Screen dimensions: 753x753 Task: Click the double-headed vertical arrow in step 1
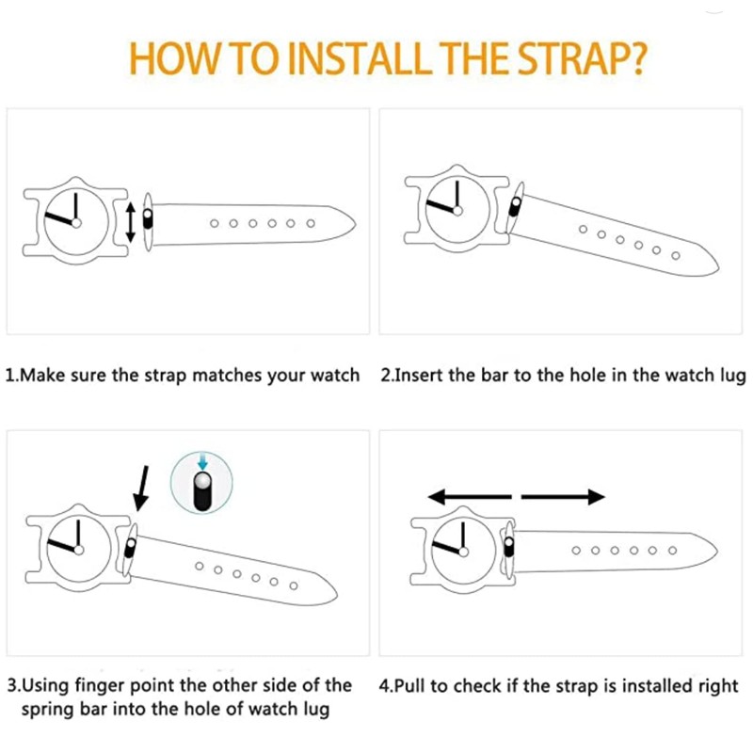pyautogui.click(x=131, y=222)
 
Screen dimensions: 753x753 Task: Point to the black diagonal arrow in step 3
pyautogui.click(x=142, y=488)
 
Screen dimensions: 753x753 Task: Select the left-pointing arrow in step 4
pyautogui.click(x=470, y=497)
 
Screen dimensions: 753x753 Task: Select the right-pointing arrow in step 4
pyautogui.click(x=563, y=497)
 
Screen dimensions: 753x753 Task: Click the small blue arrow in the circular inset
pyautogui.click(x=202, y=460)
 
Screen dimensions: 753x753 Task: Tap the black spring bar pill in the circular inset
pyautogui.click(x=202, y=491)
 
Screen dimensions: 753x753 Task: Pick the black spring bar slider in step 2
pyautogui.click(x=515, y=206)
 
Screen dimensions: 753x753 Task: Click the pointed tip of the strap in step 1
pyautogui.click(x=355, y=225)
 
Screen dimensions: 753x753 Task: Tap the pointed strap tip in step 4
pyautogui.click(x=716, y=551)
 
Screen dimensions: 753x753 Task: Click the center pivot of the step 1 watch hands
pyautogui.click(x=76, y=222)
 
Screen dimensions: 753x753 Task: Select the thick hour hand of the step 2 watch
pyautogui.click(x=441, y=205)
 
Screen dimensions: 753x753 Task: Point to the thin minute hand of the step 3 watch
pyautogui.click(x=78, y=534)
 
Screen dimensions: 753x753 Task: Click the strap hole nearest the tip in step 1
pyautogui.click(x=311, y=223)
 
